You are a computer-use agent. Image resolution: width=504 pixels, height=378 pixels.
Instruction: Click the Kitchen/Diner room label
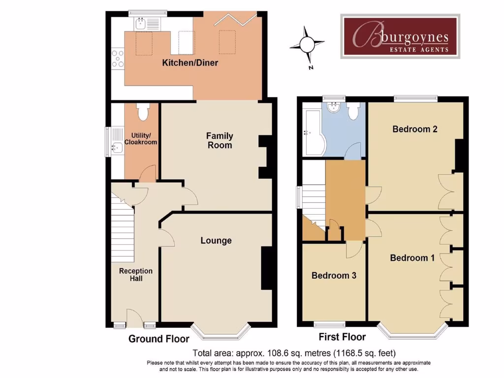[190, 63]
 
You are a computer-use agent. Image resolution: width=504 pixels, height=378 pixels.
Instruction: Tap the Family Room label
[220, 140]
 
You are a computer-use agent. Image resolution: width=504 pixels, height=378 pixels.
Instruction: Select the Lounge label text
[216, 241]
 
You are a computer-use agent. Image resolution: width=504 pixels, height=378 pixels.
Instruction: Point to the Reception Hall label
[136, 275]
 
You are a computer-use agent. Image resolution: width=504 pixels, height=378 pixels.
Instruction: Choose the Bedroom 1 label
[412, 258]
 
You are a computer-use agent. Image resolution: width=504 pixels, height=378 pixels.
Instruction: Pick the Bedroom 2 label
[415, 129]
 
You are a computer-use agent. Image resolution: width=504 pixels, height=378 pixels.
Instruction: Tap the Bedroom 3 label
[334, 276]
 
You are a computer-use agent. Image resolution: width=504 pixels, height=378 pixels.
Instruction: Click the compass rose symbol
[307, 45]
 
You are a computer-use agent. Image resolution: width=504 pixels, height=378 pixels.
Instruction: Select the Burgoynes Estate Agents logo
[400, 36]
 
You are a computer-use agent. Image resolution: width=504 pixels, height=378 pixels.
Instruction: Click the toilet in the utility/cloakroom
[143, 113]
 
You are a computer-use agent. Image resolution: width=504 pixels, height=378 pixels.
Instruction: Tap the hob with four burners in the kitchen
[118, 58]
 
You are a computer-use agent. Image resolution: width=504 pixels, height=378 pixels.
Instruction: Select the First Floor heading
[342, 337]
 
